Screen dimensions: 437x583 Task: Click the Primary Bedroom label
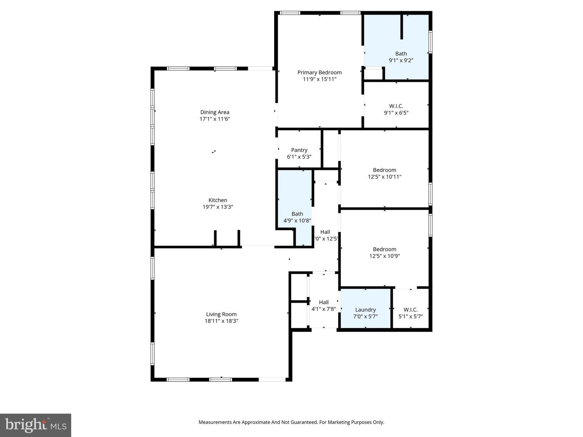click(x=319, y=72)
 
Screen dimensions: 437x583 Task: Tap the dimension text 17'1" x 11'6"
click(x=215, y=119)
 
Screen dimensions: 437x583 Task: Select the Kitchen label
click(x=218, y=200)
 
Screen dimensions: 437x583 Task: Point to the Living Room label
click(x=221, y=314)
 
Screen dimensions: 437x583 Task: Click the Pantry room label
click(x=299, y=150)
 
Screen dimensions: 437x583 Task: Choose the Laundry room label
click(x=366, y=310)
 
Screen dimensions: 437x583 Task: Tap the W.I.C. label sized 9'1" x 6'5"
click(x=396, y=106)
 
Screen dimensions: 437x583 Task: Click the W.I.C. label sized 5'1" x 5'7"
click(x=411, y=310)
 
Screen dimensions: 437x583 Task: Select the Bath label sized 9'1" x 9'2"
click(x=401, y=53)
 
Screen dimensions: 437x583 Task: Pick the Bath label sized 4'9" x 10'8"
click(x=297, y=214)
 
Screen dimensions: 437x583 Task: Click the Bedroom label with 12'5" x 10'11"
click(x=385, y=170)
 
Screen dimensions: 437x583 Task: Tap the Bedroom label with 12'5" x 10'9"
click(x=385, y=249)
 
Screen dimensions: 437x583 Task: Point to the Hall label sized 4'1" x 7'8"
click(x=323, y=302)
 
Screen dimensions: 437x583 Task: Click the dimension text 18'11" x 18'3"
click(x=221, y=321)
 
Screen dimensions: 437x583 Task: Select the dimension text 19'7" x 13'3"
click(x=218, y=207)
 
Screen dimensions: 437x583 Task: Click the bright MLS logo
click(x=36, y=425)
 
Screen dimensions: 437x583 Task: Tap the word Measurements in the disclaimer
click(x=215, y=422)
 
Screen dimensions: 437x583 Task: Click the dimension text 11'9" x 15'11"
click(x=319, y=79)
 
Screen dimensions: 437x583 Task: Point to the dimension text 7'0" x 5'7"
click(x=366, y=316)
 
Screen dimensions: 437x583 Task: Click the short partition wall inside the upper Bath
click(x=402, y=27)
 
